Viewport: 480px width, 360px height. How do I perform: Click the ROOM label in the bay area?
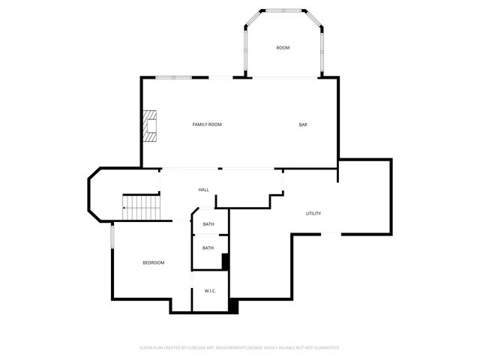[283, 48]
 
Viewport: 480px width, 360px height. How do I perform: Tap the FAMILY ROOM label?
[207, 124]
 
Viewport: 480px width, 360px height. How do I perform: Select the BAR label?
[304, 124]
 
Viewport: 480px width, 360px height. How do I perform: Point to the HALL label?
[203, 190]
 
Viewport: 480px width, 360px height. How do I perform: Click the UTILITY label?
[313, 214]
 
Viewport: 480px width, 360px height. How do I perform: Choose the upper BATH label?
[208, 224]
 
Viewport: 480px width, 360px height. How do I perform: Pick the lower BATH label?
[208, 247]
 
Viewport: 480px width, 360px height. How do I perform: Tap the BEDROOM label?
[154, 262]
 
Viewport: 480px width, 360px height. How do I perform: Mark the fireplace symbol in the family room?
[151, 126]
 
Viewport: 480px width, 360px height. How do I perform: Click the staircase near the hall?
[142, 206]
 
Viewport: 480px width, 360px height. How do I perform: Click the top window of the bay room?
[283, 10]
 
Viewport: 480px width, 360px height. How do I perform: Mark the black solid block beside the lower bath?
[226, 262]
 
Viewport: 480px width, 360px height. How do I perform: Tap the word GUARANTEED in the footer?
[325, 348]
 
